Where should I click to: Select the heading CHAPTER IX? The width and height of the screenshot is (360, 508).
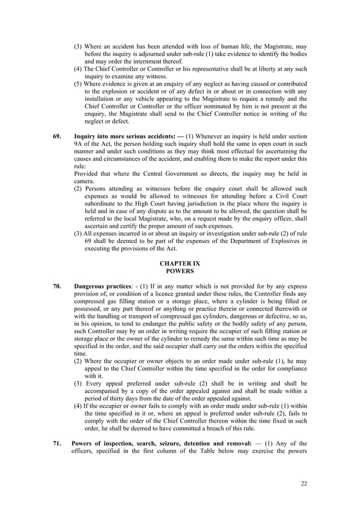click(179, 263)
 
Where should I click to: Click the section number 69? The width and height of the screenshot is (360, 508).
click(57, 136)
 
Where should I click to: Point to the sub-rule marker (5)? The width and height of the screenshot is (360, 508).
click(78, 84)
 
